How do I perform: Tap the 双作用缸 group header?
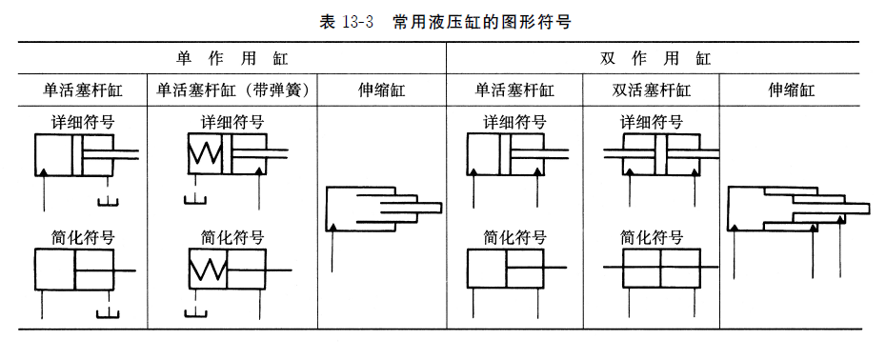656,58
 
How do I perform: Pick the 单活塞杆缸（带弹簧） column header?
232,91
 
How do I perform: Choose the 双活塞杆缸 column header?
651,91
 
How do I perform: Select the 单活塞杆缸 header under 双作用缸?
514,91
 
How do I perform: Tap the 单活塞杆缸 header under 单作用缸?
81,91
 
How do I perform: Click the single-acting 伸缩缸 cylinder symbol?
381,209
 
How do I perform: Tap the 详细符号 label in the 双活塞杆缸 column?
652,123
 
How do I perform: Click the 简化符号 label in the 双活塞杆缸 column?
652,237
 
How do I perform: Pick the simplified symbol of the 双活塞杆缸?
660,270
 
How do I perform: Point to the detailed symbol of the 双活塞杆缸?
660,153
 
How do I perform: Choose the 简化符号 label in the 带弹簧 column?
232,237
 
